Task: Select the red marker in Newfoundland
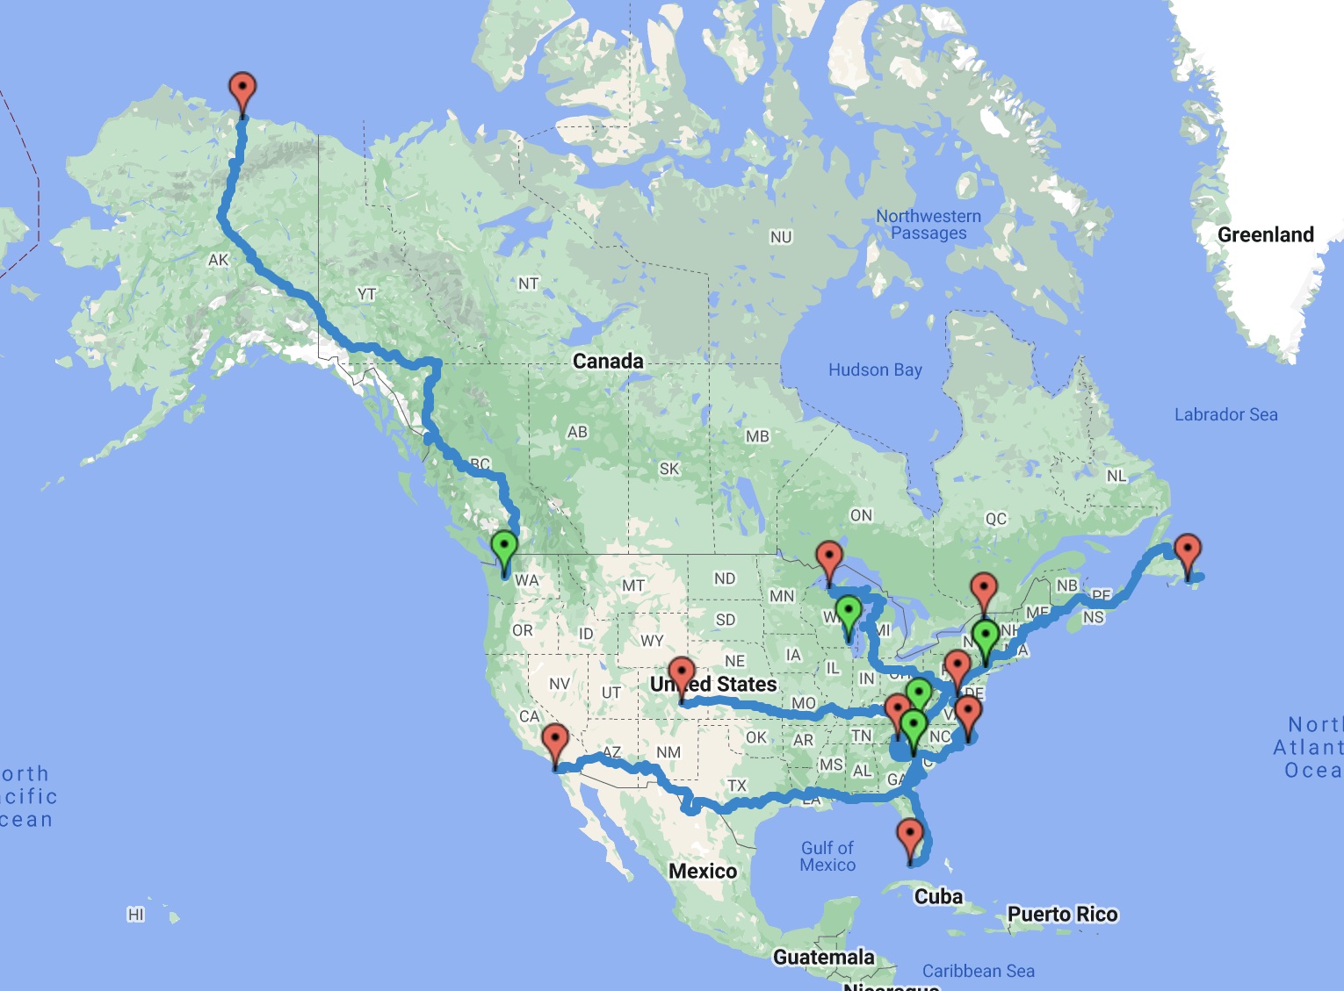point(1187,553)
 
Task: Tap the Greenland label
point(1265,234)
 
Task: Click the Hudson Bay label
point(875,370)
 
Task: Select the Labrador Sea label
point(1225,414)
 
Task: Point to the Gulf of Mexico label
point(827,856)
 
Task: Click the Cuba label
point(938,896)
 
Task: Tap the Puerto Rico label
point(1062,914)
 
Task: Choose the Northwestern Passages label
point(929,225)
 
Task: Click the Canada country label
point(608,361)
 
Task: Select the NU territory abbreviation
point(781,237)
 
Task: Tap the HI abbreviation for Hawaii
point(135,915)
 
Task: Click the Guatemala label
point(823,957)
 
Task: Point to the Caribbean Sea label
point(978,971)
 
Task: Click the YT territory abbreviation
point(366,294)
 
